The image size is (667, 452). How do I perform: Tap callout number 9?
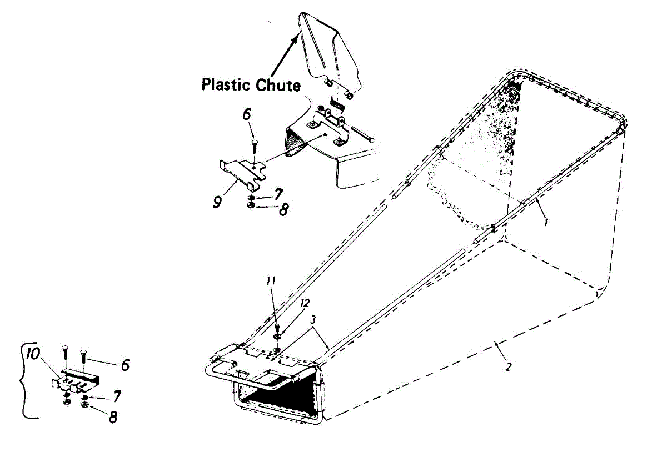[x=218, y=200]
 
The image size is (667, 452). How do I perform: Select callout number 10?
[x=33, y=354]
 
